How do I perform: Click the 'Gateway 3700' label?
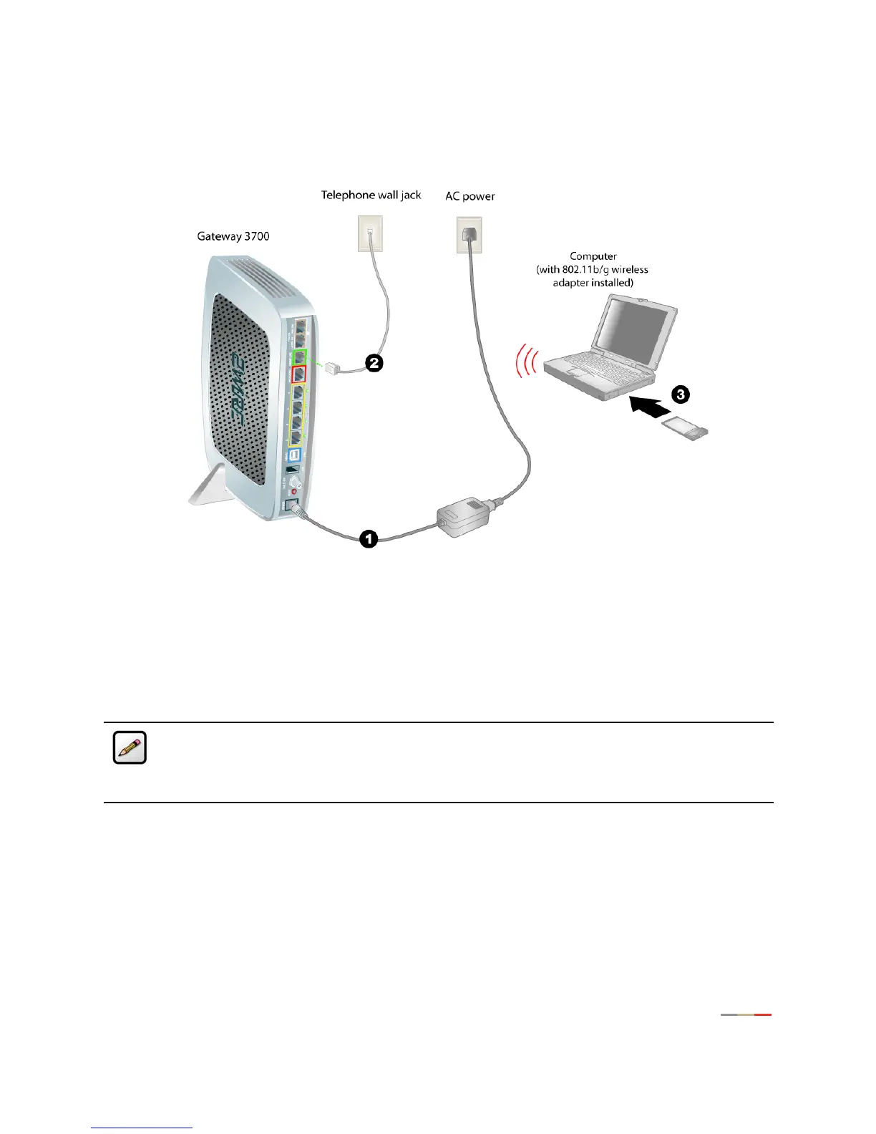(x=233, y=236)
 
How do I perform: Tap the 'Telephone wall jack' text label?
(x=371, y=195)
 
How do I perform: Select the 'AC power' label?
(x=469, y=196)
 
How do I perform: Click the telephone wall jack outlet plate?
(x=370, y=233)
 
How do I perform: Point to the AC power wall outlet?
(x=469, y=235)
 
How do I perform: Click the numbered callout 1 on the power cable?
(x=368, y=538)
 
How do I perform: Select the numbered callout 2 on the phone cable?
(x=374, y=363)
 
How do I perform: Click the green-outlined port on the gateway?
(x=299, y=356)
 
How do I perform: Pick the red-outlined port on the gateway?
(x=300, y=374)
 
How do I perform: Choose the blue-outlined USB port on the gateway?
(x=295, y=455)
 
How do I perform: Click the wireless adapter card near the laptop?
(x=686, y=430)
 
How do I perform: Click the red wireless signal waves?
(x=526, y=362)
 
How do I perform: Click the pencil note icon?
(x=130, y=747)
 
